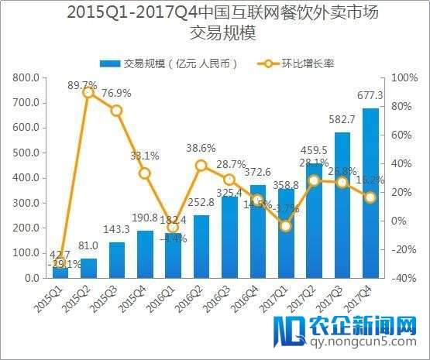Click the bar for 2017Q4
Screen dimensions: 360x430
[370, 194]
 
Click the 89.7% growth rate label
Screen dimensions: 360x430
[82, 84]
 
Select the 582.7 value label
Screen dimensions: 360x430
[342, 119]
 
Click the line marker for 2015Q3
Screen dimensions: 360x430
[117, 111]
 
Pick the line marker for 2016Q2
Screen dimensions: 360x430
[201, 165]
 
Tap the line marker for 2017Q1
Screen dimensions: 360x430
[286, 226]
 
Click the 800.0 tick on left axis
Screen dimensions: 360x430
[27, 77]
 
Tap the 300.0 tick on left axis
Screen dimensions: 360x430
[27, 203]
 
